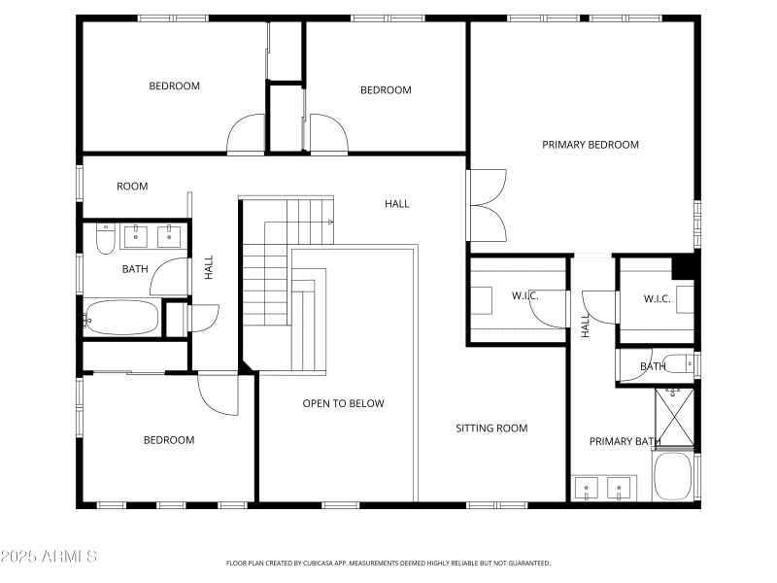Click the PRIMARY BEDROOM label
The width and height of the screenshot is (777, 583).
coord(590,145)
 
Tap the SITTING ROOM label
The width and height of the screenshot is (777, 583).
coord(491,428)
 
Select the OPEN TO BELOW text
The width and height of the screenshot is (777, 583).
coord(343,403)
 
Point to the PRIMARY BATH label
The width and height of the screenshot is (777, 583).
coord(625,442)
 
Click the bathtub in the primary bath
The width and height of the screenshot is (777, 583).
coord(673,476)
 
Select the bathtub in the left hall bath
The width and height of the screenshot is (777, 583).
coord(122,316)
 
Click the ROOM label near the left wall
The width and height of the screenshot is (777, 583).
coord(132,187)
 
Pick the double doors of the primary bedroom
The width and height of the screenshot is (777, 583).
coord(488,205)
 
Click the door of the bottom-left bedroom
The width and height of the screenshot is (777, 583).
coord(219,394)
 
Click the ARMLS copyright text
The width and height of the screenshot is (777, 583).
coord(49,557)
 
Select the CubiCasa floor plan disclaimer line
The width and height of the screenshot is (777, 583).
coord(388,563)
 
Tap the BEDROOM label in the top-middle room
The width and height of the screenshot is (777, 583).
coord(386,90)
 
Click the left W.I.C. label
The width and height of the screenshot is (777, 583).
coord(524,295)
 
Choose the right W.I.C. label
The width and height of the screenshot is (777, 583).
coord(657,298)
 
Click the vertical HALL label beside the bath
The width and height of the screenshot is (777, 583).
coord(208,267)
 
